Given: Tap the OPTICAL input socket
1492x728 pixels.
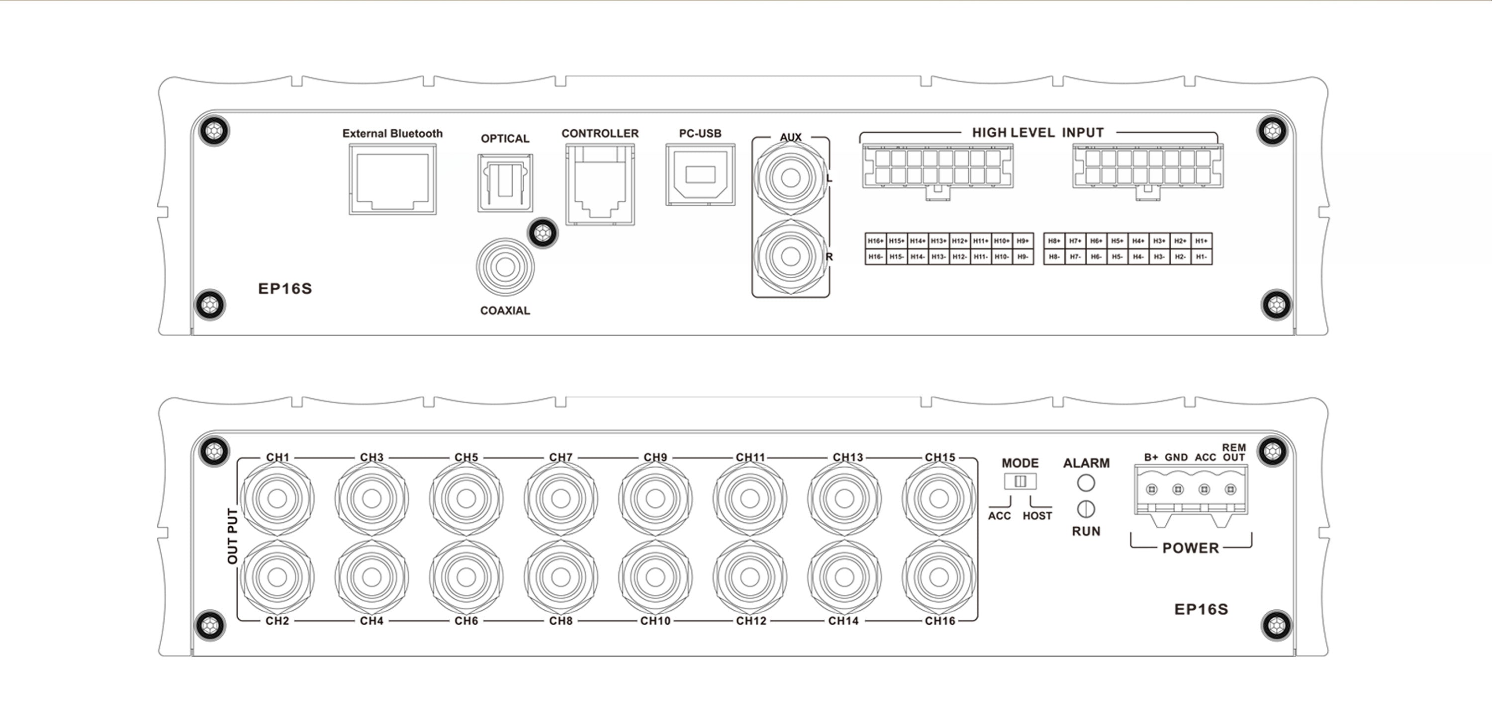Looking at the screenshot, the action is [505, 183].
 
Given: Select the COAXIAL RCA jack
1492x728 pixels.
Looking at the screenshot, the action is [505, 267].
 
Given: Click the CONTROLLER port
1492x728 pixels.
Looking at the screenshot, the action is [600, 184].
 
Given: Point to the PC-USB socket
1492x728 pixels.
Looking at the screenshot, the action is [700, 175].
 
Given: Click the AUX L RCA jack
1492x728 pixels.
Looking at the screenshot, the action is [791, 178].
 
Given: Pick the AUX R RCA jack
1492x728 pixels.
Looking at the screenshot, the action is [791, 256].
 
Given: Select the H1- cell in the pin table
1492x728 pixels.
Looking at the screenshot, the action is [1201, 257].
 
